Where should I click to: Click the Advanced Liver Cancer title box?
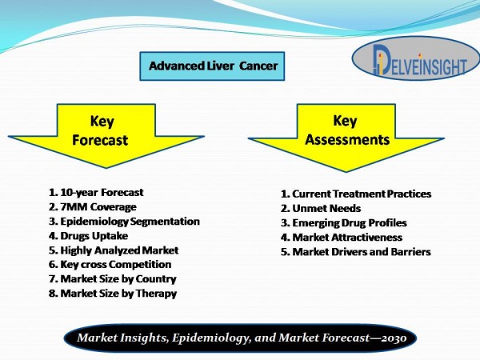pos(212,66)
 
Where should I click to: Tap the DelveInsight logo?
pos(416,58)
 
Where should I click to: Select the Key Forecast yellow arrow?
pos(106,136)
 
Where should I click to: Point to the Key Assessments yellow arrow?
pos(346,138)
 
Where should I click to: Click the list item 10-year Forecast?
pos(96,193)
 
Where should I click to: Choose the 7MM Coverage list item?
pos(93,207)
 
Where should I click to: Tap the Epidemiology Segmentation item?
pos(124,222)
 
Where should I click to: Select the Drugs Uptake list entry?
pos(88,236)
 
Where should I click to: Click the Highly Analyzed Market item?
pos(114,250)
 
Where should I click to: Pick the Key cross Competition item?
pos(110,265)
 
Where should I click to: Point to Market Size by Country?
pos(113,279)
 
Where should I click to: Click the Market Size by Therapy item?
pos(113,294)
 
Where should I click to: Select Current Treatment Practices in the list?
pos(356,194)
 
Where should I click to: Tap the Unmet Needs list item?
pos(321,209)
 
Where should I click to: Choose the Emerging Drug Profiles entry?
pos(344,223)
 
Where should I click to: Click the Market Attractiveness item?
pos(342,238)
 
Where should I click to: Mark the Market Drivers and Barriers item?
pos(356,252)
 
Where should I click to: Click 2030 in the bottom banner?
pos(394,338)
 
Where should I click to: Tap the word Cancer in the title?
pos(258,66)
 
